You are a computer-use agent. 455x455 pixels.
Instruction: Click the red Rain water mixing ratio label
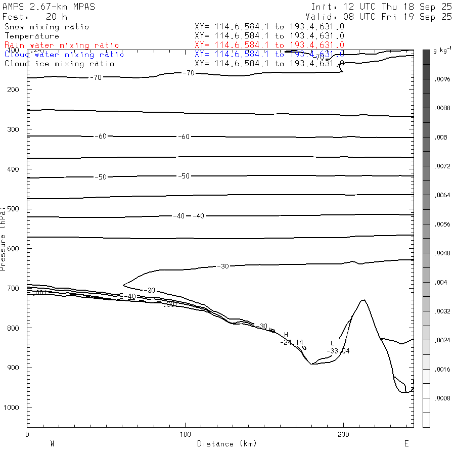click(62, 45)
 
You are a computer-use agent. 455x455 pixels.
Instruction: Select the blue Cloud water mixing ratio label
click(64, 54)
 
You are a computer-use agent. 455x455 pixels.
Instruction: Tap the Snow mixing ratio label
click(47, 27)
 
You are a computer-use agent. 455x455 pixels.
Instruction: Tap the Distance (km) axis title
click(226, 444)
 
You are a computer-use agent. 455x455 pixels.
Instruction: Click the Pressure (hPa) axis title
click(4, 238)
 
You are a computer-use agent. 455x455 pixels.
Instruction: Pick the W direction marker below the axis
click(52, 443)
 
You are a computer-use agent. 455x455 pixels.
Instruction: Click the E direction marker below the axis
click(406, 443)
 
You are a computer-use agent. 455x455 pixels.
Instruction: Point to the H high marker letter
click(286, 335)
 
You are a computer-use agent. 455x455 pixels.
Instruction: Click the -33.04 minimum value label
click(338, 351)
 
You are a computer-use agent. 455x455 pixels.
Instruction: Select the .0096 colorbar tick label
click(443, 80)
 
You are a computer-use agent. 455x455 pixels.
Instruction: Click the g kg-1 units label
click(442, 52)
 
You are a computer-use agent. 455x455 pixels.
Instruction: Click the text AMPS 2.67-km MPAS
click(49, 7)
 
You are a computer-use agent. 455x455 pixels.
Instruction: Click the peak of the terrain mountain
click(362, 300)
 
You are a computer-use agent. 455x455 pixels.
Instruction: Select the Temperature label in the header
click(32, 36)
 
